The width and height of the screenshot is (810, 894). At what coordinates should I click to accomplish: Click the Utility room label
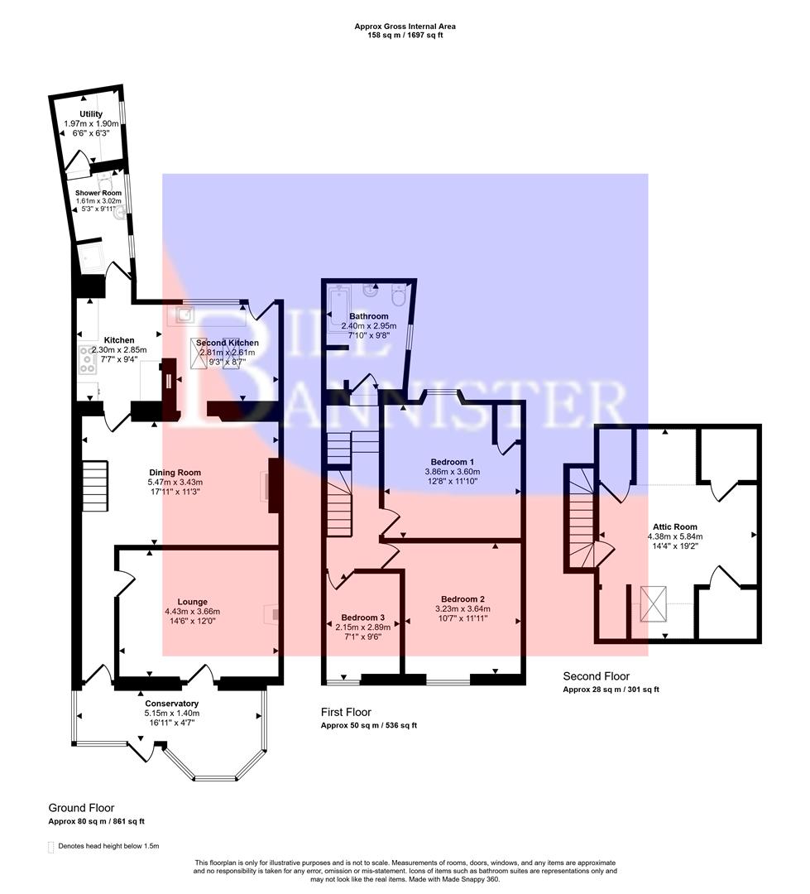[x=91, y=114]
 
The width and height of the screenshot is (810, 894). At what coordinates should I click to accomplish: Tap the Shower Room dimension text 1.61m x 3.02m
[x=98, y=201]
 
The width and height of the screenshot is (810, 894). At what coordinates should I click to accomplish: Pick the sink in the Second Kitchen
[x=182, y=315]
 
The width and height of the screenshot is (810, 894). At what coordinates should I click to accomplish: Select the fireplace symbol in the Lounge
[x=271, y=613]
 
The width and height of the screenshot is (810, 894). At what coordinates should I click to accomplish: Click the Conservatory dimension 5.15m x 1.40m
[x=172, y=714]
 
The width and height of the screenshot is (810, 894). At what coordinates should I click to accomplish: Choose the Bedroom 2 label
[x=463, y=599]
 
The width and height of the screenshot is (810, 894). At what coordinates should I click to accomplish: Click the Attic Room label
[x=672, y=526]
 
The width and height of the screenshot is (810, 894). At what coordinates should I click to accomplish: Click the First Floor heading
[x=346, y=712]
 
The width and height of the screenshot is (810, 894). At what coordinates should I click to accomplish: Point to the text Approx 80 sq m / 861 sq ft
[x=96, y=822]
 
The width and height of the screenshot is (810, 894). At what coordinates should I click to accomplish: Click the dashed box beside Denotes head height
[x=51, y=846]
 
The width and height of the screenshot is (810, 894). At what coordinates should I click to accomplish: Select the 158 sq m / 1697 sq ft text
[x=405, y=36]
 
